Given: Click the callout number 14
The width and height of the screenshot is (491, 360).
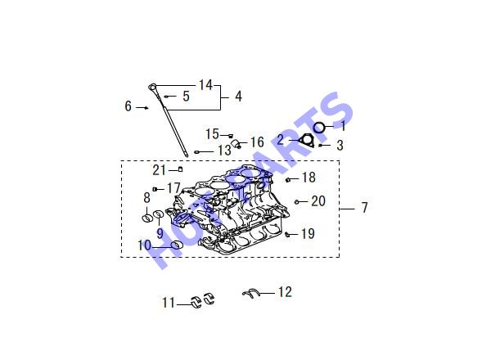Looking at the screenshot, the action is pos(205,85).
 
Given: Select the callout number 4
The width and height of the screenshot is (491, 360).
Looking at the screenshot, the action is pos(239,97).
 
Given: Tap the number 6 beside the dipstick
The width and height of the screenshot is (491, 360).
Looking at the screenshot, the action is pos(128,106).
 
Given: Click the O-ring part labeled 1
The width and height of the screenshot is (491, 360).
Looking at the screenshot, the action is pos(319,128).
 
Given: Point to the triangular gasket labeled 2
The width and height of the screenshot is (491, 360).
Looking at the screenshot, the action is pos(306,140).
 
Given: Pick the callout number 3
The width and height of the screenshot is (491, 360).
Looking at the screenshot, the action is pos(340,146).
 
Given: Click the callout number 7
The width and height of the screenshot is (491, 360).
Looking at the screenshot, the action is pos(364,207).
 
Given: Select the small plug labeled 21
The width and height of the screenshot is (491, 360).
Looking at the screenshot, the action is pos(180,169).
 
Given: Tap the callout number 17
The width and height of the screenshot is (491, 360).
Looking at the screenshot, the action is pos(173,188).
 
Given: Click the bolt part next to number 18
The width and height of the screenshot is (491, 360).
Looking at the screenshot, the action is pos(288,180).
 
